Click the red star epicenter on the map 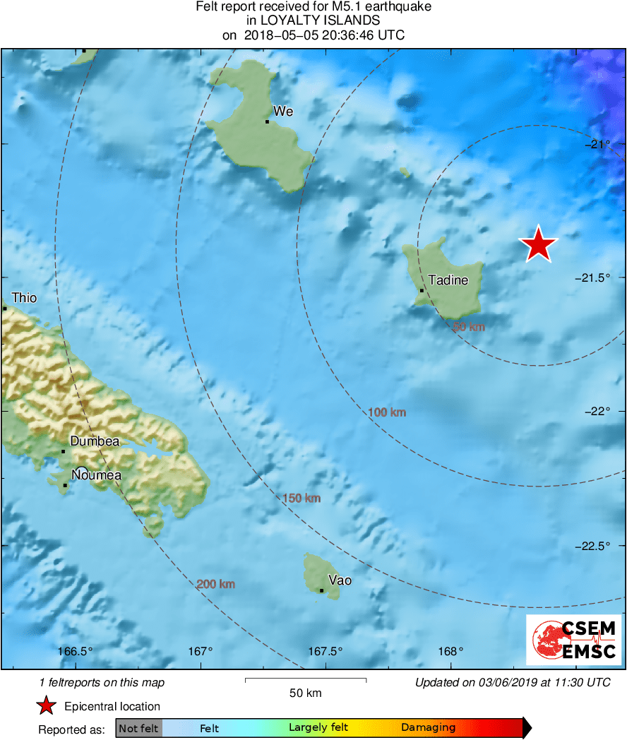point(539,244)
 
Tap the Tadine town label point(448,280)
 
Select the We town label point(283,112)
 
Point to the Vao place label point(340,580)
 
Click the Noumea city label point(96,475)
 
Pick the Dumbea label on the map point(95,441)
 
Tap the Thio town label point(24,298)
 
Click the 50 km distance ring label point(468,327)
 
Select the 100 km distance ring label point(387,412)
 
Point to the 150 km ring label point(301,499)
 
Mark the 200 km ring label point(216,584)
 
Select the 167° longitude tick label point(201,651)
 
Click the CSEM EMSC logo point(574,640)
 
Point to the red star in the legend point(47,705)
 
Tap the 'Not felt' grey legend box point(139,728)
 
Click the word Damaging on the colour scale point(429,728)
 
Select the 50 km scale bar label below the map point(306,693)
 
